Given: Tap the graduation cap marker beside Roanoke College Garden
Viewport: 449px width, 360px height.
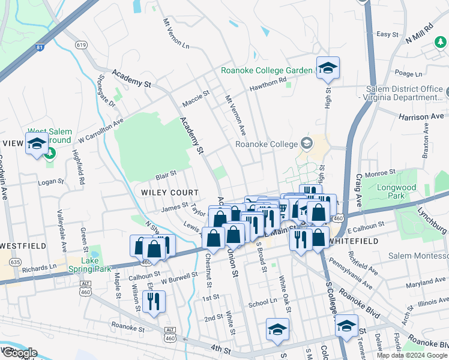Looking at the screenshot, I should tap(328, 69).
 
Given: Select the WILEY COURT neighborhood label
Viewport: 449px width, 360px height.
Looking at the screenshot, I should tap(170, 193).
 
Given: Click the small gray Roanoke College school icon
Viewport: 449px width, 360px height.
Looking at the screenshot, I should tap(307, 143).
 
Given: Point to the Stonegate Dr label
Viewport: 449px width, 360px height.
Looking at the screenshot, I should tap(107, 93).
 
